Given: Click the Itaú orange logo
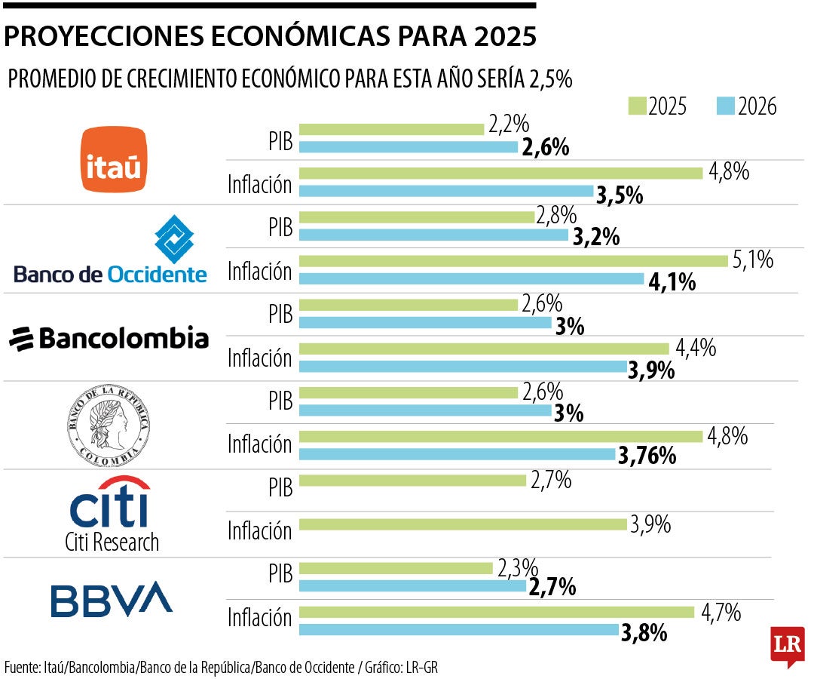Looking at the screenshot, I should point(114,160).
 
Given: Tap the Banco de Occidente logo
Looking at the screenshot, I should point(110,250).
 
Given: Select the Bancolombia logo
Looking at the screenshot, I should point(109,338).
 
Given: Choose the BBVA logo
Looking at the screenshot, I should point(112,598).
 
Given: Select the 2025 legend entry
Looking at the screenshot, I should point(657,106).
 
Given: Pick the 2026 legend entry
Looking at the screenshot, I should point(747,106).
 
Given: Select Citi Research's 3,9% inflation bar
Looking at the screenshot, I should point(464,524).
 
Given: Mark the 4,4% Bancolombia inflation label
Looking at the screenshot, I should point(696,349).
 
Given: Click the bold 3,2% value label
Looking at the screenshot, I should point(596,237).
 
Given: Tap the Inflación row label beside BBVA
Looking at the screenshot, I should point(259,619).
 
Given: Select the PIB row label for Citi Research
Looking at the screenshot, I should point(280,487).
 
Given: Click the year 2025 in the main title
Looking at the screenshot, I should point(500,36).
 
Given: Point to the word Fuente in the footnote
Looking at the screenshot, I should point(23,667).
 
